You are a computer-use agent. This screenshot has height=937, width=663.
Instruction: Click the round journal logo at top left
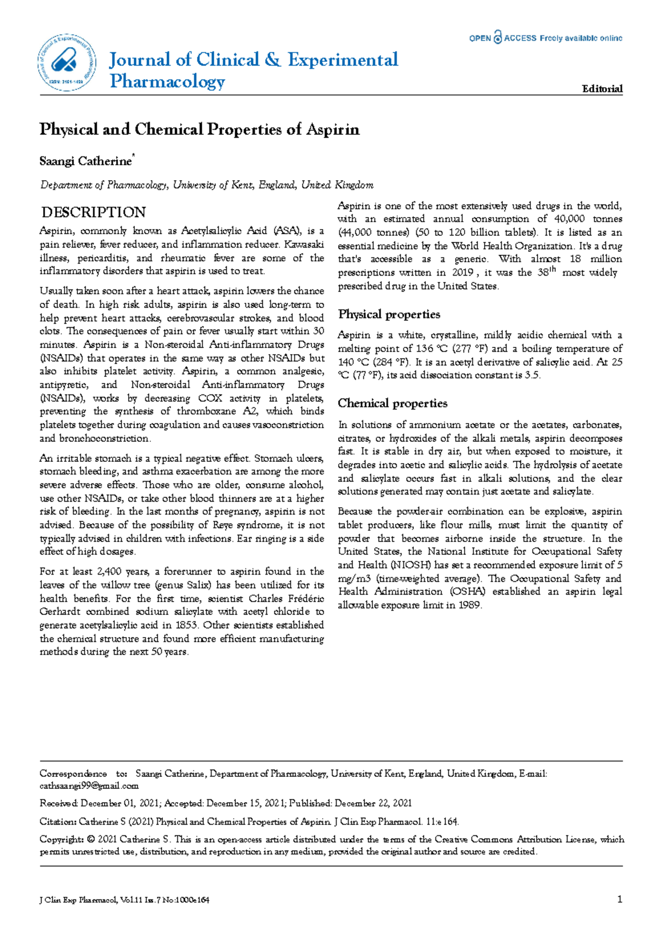pos(67,62)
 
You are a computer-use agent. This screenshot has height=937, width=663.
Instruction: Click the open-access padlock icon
pos(497,37)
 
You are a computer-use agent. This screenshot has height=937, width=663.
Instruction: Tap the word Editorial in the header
pos(602,88)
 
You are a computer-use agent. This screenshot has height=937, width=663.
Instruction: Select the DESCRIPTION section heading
pos(94,212)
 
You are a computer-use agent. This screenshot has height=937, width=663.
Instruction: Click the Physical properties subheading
pos(389,314)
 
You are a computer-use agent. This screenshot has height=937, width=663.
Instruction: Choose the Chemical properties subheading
pos(392,403)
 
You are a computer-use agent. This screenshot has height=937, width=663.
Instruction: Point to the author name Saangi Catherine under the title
pos(86,161)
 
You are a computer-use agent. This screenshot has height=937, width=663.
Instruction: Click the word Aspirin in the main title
pos(333,129)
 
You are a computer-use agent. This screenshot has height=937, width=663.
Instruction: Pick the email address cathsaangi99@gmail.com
pos(89,786)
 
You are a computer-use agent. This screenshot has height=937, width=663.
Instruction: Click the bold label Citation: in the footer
pos(58,822)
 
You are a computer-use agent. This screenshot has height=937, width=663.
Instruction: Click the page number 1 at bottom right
pos(620,899)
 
